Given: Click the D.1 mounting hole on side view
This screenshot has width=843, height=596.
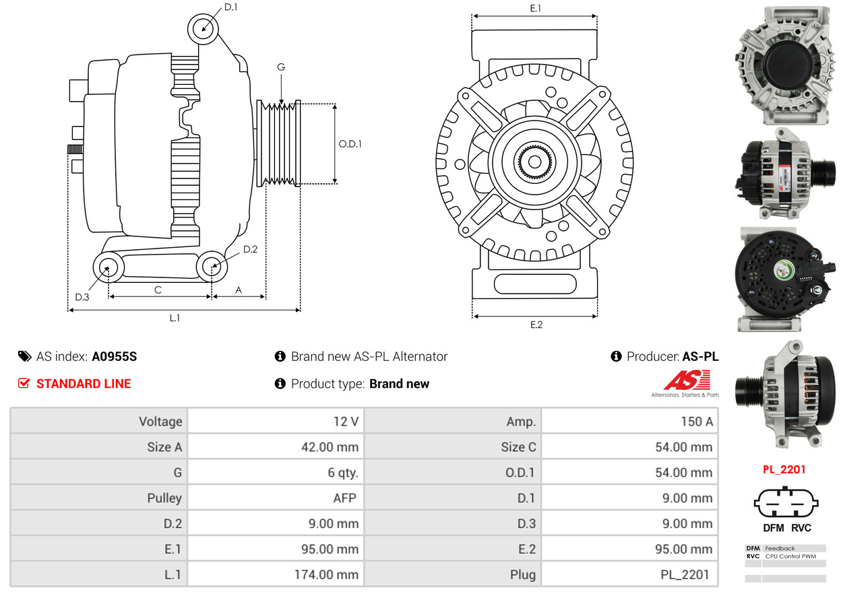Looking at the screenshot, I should (204, 28).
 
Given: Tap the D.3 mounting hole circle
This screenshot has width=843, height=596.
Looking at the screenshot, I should (107, 267).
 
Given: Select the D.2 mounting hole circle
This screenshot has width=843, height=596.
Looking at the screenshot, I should (212, 267).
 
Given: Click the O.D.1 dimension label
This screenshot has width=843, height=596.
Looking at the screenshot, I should (350, 143).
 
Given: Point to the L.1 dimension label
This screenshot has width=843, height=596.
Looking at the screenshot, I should (175, 318).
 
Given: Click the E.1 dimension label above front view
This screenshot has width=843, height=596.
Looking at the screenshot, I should (536, 8).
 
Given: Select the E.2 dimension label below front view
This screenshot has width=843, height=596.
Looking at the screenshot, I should (536, 325).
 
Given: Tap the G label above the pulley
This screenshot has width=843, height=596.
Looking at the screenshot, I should (281, 67).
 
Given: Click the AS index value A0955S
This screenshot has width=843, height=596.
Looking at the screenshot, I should (114, 357).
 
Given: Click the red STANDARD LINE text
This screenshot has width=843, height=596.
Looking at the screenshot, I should (84, 384).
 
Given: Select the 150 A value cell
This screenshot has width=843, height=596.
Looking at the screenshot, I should (629, 422).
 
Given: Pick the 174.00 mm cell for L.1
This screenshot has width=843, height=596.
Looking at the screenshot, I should (276, 575).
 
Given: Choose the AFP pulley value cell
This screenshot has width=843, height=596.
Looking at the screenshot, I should (276, 498).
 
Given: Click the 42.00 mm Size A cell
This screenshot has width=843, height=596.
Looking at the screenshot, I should (276, 447).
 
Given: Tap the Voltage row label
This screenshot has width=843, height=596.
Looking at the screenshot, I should (98, 422).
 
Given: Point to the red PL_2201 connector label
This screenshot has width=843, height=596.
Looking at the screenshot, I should (784, 469).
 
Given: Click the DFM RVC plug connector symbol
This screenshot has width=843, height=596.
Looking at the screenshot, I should (786, 502).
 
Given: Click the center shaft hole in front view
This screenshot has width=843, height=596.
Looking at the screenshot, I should (534, 162).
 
